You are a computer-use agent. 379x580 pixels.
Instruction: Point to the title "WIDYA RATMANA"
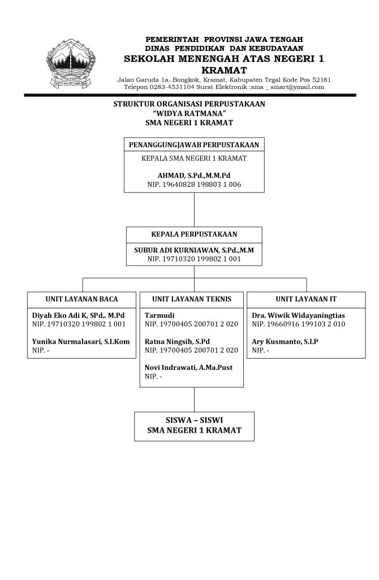[x=189, y=113]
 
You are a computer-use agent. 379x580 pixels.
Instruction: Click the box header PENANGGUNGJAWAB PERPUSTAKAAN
[x=194, y=145]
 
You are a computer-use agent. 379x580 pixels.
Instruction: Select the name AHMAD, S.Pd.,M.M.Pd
[x=194, y=175]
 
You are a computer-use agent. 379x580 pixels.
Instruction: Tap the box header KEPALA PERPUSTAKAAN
[x=194, y=234]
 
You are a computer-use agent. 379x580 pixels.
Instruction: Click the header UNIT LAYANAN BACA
[x=81, y=298]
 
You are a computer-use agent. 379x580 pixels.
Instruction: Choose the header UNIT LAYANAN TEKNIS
[x=192, y=298]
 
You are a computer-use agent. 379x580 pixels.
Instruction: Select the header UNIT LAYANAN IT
[x=305, y=298]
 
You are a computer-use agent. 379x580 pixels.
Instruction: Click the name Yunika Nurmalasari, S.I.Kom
[x=81, y=342]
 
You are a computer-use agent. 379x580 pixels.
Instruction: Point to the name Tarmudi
[x=160, y=315]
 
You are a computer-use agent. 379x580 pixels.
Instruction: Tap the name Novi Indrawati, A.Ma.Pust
[x=188, y=368]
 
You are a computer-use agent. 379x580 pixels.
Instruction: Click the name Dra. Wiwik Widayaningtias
[x=298, y=315]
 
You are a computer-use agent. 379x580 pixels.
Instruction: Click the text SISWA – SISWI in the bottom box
[x=194, y=420]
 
